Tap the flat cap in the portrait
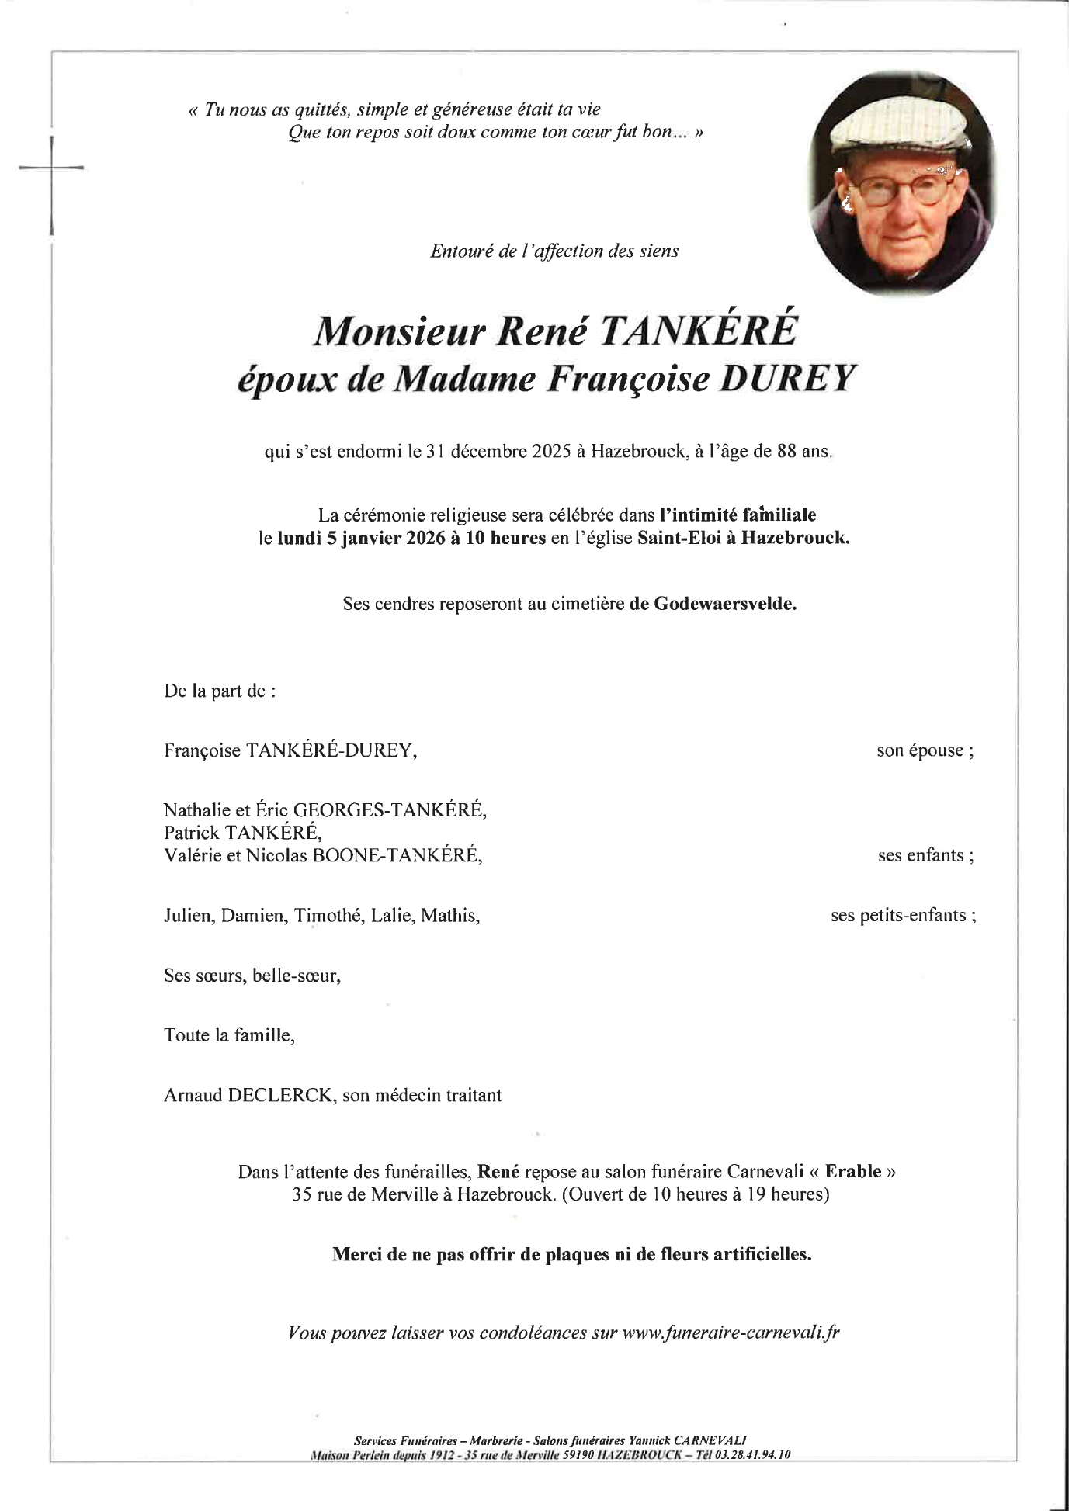pyautogui.click(x=897, y=123)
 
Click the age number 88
pyautogui.click(x=786, y=451)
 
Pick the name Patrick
pyautogui.click(x=191, y=833)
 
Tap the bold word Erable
pyautogui.click(x=852, y=1171)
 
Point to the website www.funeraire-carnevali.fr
pyautogui.click(x=731, y=1333)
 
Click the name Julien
pyautogui.click(x=188, y=916)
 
